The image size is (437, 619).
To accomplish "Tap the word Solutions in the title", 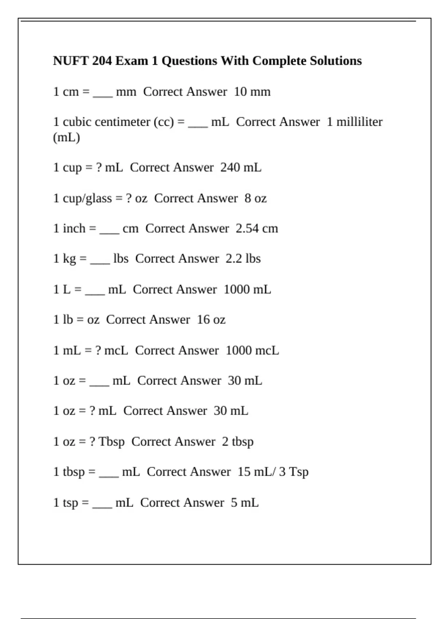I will coord(336,61).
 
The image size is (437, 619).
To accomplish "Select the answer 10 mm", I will coord(252,92).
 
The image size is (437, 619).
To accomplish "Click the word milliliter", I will coord(359,122).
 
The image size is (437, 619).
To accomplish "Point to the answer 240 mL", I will coord(241,167).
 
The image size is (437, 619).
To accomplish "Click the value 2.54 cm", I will coord(257,229).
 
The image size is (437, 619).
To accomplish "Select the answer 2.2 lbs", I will coord(243,259).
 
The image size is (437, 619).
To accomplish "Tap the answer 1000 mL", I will coord(247,289).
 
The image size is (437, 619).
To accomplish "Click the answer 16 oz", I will coord(211,320).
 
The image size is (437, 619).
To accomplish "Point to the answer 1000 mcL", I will coord(252,351).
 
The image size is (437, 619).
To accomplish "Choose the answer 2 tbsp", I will coord(238,442).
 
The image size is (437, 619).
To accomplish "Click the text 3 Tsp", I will coord(294,472).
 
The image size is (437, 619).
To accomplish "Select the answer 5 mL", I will coord(245,503).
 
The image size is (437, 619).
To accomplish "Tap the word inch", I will coord(74,229).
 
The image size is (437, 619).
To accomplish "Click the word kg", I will coord(69,259).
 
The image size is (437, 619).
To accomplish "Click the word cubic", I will coord(77,122).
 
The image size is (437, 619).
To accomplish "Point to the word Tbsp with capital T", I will coord(111,442).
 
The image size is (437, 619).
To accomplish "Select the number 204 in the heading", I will coord(102,61).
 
